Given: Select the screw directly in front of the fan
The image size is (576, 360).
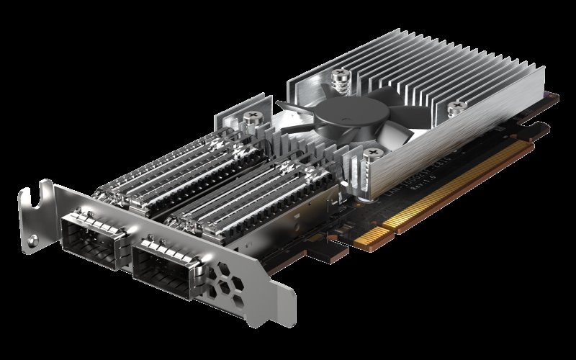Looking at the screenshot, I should point(374,152).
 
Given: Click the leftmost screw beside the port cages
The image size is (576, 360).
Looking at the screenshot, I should point(253,118).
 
